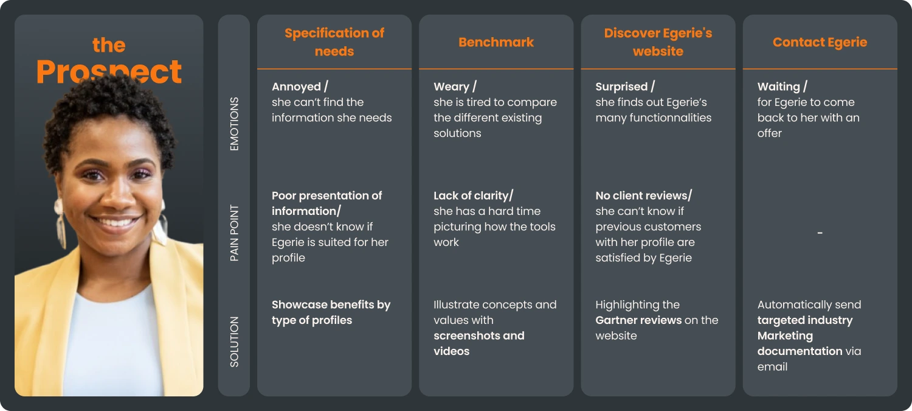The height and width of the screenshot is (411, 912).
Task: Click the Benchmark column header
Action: tap(496, 42)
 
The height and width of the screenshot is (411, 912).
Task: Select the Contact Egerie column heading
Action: tap(820, 42)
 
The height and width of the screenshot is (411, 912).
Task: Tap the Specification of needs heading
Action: tap(334, 42)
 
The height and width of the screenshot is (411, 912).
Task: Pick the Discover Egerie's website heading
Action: tap(658, 42)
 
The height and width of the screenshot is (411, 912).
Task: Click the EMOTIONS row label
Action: tap(234, 124)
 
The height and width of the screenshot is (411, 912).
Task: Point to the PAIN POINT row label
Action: tap(234, 233)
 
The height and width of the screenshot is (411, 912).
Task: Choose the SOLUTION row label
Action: tap(234, 342)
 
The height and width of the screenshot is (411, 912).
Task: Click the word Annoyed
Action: tap(296, 87)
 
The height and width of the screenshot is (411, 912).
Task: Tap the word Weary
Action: tap(451, 87)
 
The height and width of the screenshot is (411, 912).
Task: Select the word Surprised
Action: tap(621, 87)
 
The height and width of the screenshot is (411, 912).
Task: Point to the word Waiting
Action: tap(778, 87)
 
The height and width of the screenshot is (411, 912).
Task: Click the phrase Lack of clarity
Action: tap(471, 195)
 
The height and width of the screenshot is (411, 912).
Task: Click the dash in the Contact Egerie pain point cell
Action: tap(820, 233)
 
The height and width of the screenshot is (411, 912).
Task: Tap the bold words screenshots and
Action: tap(478, 335)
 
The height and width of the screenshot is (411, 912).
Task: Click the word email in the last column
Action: tap(773, 367)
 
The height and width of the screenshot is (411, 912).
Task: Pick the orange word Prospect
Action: tap(109, 72)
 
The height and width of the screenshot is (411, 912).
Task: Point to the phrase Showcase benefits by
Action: tap(331, 304)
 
